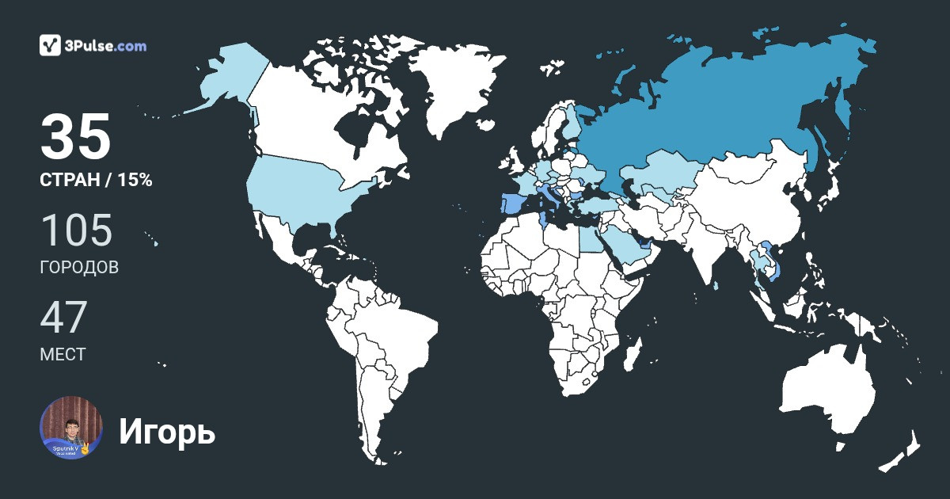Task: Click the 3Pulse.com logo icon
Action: (51, 45)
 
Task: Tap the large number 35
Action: (76, 137)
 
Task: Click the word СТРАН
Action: (67, 181)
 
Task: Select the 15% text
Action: (135, 181)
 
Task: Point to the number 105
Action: (76, 230)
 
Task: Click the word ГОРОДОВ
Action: (79, 268)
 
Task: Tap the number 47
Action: (63, 317)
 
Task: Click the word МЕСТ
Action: (63, 354)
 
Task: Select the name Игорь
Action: (167, 432)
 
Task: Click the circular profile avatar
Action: (71, 428)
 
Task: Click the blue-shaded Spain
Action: (511, 204)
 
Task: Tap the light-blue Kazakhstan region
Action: (661, 170)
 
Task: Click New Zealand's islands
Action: (902, 451)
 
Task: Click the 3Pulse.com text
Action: (107, 46)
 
